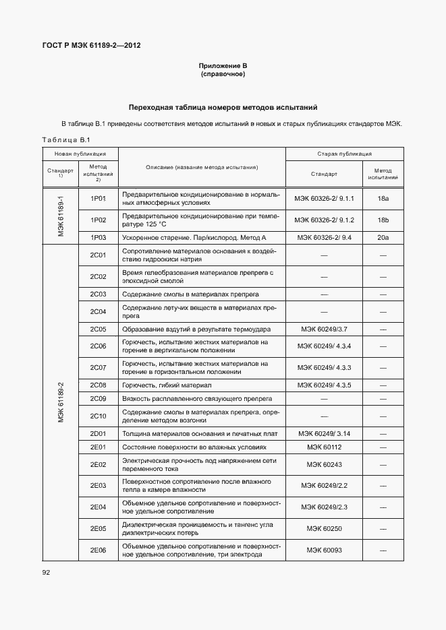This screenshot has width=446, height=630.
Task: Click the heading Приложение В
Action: coord(223,65)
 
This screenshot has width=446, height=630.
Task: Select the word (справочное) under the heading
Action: coord(223,73)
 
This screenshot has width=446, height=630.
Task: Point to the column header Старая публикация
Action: coord(344,154)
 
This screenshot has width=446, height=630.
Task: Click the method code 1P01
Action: coord(99,198)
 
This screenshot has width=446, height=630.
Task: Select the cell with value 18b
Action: coord(383,220)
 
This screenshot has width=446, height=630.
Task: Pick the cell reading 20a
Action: coord(383,238)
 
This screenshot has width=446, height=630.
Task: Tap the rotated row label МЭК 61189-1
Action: coord(60,216)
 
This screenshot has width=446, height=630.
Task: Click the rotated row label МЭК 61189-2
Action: coord(60,402)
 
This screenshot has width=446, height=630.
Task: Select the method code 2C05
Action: coord(99,329)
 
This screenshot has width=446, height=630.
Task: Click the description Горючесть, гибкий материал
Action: coord(167,385)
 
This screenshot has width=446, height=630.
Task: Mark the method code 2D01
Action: coord(99,433)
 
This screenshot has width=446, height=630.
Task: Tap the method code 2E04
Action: coord(99,506)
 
